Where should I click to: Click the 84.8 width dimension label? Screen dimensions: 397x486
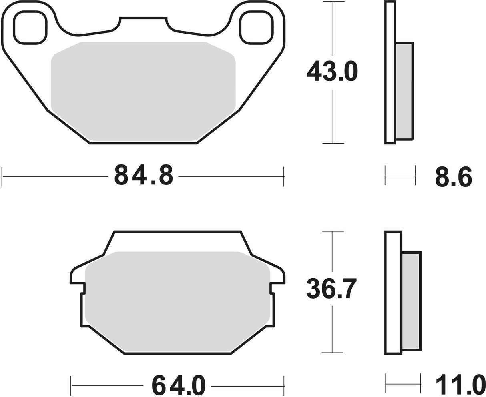click(144, 175)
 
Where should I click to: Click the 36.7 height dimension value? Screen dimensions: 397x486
click(331, 288)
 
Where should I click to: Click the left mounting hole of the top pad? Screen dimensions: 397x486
click(30, 27)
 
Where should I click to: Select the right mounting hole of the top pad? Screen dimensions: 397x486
click(256, 27)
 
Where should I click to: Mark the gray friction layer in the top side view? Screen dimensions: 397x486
click(404, 91)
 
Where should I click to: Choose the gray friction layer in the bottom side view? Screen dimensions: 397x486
click(411, 301)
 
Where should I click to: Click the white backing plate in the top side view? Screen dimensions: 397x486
click(390, 72)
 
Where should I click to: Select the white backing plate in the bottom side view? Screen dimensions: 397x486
click(393, 292)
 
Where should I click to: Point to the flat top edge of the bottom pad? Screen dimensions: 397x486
click(177, 231)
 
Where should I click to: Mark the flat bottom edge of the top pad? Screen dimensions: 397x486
click(143, 143)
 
